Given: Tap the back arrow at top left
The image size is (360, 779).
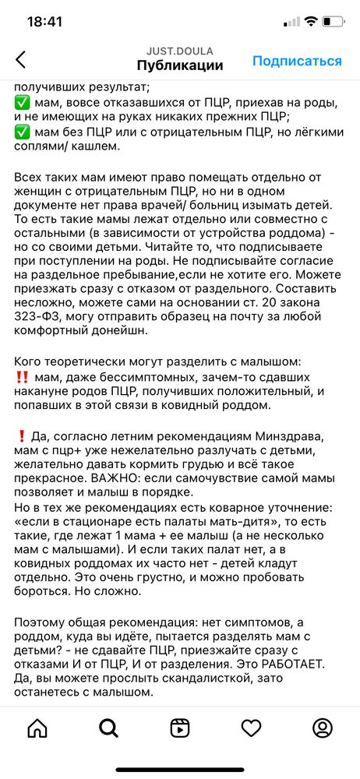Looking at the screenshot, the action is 21,59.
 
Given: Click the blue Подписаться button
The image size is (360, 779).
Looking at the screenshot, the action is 297,61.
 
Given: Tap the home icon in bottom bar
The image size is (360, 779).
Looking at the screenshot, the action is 37,728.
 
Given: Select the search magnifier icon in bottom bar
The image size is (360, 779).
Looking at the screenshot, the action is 108,728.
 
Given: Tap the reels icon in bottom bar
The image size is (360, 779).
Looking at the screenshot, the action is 180,728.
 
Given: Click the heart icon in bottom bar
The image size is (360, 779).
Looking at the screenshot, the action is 251,728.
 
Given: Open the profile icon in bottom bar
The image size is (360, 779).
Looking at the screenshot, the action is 323,728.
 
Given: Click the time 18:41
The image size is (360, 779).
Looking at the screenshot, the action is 44,22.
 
